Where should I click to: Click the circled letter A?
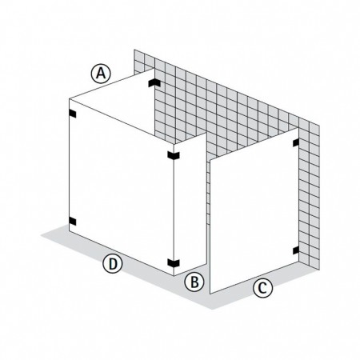[x=101, y=74]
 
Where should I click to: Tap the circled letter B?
[x=194, y=282]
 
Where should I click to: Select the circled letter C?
[x=262, y=288]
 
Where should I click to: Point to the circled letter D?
[x=113, y=263]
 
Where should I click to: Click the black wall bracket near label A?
[x=154, y=82]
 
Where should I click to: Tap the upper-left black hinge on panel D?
[x=73, y=114]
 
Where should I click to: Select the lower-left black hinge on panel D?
[x=73, y=222]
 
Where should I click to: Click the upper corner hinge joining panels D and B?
[x=174, y=155]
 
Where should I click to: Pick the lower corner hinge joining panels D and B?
[x=174, y=263]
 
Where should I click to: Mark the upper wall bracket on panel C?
[x=296, y=142]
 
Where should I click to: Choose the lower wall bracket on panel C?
[x=296, y=250]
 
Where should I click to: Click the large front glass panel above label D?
[x=122, y=186]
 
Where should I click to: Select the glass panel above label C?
[x=254, y=210]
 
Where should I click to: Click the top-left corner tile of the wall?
[x=139, y=55]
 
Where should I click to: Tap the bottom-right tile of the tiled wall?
[x=314, y=263]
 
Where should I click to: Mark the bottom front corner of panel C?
[x=210, y=294]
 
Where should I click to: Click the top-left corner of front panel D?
[x=69, y=99]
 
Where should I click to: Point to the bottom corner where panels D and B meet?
[x=174, y=276]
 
